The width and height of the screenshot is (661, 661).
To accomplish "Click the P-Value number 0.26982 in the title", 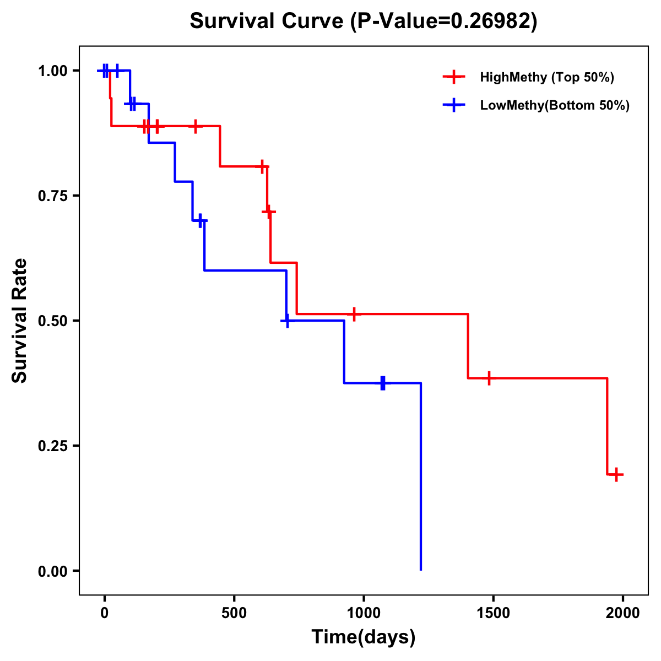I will point(491,21).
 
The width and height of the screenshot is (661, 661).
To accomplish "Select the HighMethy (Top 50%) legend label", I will point(547,77).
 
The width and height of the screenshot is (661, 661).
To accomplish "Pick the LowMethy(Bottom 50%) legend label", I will point(555,105).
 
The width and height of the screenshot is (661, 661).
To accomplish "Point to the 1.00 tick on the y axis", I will point(52,71).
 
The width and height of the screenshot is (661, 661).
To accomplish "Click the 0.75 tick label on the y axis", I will point(52,196).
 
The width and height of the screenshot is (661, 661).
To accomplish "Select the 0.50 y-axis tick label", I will point(52,321).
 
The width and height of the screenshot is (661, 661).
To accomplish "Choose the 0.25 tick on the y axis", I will point(52,446).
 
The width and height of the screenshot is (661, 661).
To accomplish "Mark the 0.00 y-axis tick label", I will point(52,571).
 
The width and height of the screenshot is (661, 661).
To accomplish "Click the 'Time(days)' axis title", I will point(364,637).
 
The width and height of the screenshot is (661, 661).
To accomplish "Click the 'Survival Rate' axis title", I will point(20,321).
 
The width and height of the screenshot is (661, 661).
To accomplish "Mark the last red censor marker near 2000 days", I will point(617,474).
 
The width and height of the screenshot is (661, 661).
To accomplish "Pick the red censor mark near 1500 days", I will point(489,378).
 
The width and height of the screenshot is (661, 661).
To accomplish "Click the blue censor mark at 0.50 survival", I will point(287,320).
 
